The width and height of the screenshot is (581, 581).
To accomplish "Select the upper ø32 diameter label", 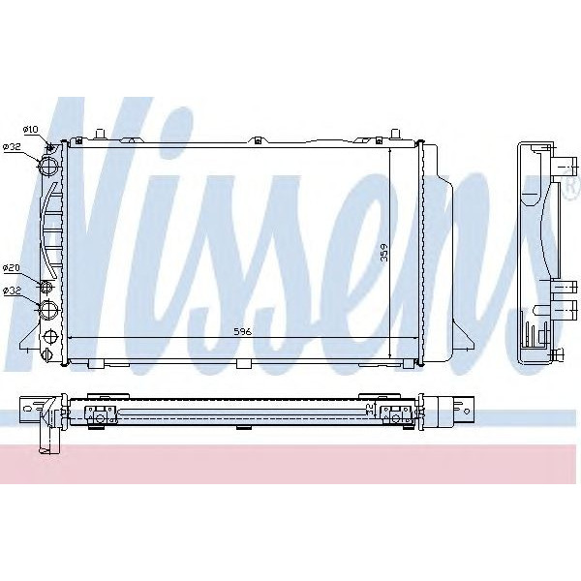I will click(13, 147).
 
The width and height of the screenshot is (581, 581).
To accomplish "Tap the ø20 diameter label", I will click(13, 267).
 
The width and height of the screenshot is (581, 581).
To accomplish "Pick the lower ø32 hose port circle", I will click(48, 310).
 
